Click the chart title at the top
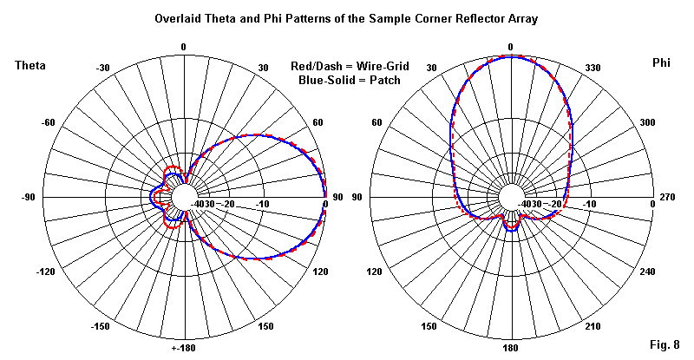pos(346,18)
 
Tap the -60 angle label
pos(48,122)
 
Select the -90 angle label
pos(29,198)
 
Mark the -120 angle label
pos(45,273)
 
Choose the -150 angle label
pos(101,327)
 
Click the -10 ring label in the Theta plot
pos(262,205)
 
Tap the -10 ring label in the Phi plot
pos(590,205)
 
